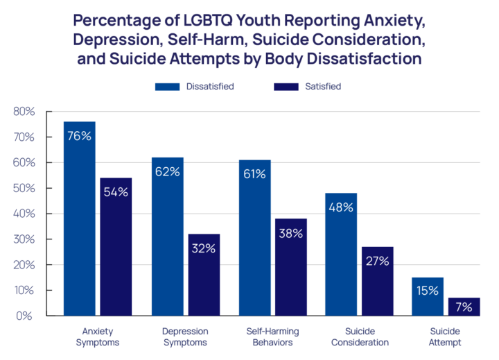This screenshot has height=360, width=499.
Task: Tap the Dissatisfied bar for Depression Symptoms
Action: [x=168, y=237]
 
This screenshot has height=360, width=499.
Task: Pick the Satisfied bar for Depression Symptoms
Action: [x=204, y=275]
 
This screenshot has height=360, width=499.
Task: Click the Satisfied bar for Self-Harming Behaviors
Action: [x=290, y=267]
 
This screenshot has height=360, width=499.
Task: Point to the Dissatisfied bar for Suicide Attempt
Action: [x=428, y=297]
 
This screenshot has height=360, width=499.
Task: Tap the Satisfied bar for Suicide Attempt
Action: [x=464, y=307]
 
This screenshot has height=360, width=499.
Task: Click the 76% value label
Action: [x=80, y=136]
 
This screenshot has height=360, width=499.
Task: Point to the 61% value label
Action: [x=254, y=174]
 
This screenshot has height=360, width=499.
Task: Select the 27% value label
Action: [x=377, y=262]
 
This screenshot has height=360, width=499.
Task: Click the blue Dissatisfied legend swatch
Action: [x=167, y=87]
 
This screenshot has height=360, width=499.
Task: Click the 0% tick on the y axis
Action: [x=26, y=316]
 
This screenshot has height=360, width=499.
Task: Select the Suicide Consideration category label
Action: [x=359, y=336]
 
